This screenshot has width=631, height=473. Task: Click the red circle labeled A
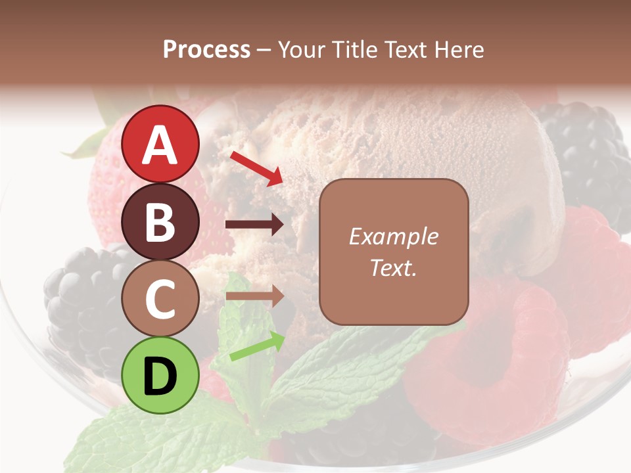click(x=160, y=144)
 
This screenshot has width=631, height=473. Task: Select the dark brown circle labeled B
click(x=160, y=221)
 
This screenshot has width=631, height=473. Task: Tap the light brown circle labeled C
click(x=160, y=298)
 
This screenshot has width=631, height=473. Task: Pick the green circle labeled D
click(x=160, y=375)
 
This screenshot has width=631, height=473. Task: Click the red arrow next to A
click(x=257, y=168)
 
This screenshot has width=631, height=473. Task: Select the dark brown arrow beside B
click(x=254, y=225)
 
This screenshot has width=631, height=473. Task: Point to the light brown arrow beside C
click(x=254, y=296)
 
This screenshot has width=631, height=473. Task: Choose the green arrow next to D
click(x=257, y=347)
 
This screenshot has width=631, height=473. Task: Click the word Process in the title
click(x=206, y=49)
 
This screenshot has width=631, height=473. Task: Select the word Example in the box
click(x=394, y=236)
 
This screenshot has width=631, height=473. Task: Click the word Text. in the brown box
click(x=394, y=267)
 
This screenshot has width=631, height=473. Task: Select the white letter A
click(x=160, y=145)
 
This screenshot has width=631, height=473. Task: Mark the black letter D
click(x=160, y=376)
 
